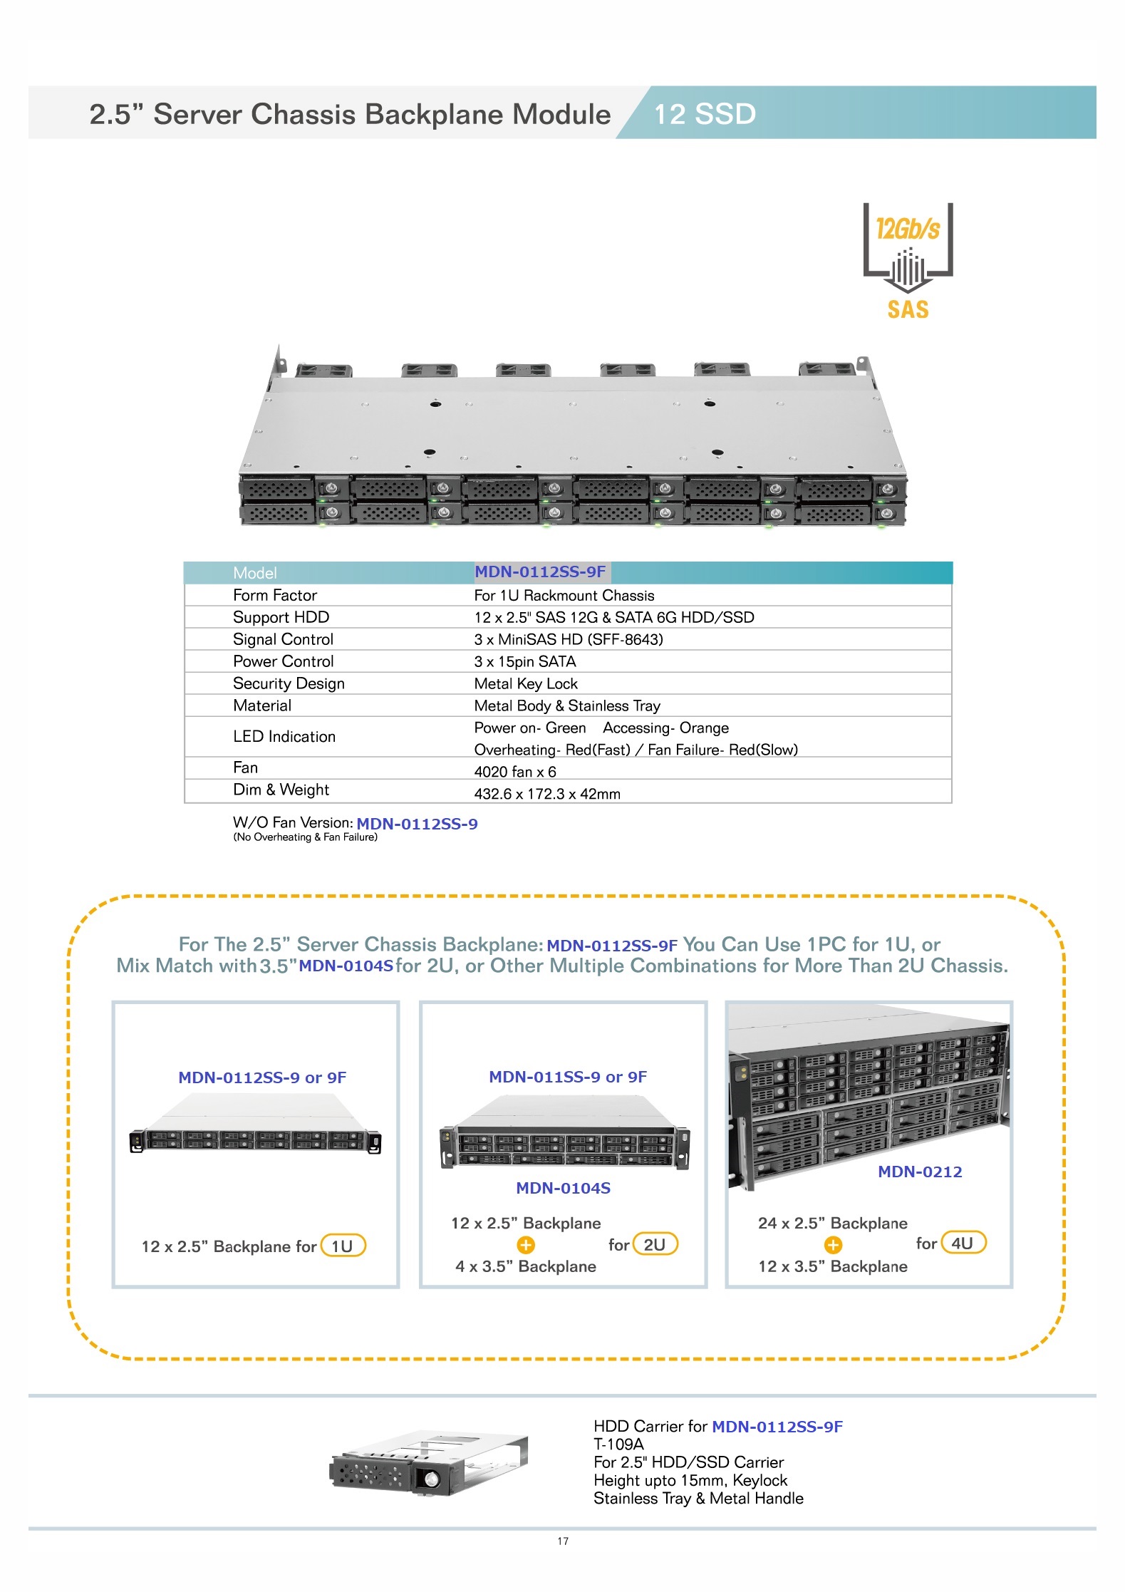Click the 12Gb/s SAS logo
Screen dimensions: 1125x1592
[908, 261]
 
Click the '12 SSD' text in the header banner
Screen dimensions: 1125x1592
[705, 114]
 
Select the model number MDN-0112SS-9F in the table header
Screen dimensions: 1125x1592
[540, 572]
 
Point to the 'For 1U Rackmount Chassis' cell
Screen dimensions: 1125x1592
[564, 595]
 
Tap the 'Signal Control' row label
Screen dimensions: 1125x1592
[283, 639]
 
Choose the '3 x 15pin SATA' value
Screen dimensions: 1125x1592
[525, 661]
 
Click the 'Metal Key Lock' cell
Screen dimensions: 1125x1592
[526, 683]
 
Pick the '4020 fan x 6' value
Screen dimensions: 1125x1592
[515, 772]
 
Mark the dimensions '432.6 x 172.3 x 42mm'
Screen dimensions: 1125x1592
[547, 794]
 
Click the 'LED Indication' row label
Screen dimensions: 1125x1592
[284, 737]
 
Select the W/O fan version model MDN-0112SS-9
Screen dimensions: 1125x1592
[417, 824]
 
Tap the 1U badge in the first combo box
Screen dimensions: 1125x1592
[343, 1246]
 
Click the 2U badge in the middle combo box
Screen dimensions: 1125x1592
[655, 1244]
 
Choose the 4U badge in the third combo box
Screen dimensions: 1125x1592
[963, 1243]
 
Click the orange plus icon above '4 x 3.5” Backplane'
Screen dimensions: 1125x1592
[526, 1245]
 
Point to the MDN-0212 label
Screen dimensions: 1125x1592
[920, 1172]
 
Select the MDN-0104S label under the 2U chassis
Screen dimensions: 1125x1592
[563, 1188]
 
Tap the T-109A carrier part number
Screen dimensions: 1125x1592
[618, 1444]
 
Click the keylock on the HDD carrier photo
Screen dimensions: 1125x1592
[432, 1479]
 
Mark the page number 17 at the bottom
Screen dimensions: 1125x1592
[563, 1541]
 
